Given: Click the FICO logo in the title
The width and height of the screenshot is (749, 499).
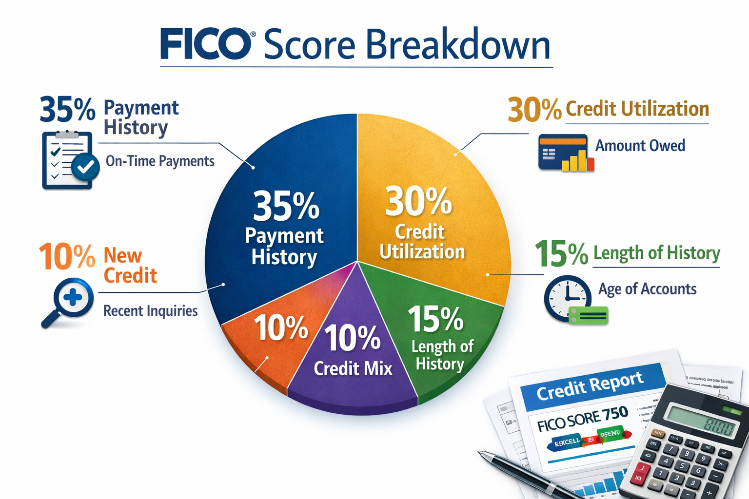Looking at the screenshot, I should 205,44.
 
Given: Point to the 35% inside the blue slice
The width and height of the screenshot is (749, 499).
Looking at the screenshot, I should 286,206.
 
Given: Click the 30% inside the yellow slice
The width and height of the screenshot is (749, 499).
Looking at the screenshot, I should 418,201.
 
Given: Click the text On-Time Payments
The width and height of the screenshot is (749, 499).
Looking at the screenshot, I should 160,161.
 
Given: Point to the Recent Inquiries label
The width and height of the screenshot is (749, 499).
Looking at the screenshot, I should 150,311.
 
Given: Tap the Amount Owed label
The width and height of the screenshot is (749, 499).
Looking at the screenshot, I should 640,146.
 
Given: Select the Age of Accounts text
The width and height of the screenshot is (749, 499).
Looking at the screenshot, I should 647,289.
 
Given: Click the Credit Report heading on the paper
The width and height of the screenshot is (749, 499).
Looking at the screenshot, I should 590,385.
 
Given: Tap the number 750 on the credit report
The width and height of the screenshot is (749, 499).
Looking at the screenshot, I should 615,414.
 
